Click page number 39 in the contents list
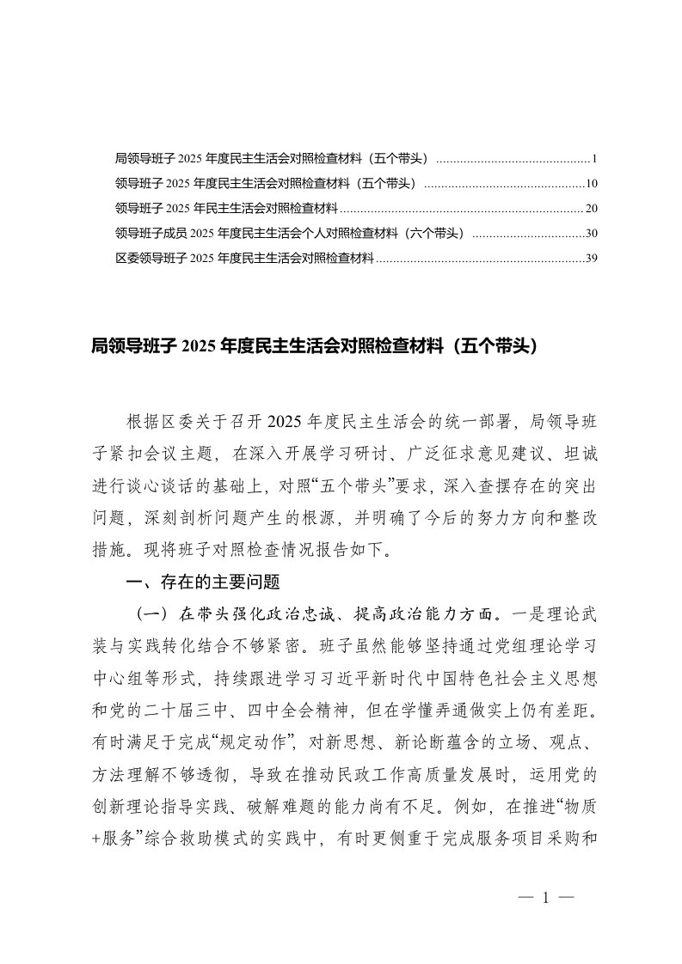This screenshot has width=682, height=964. coord(590,258)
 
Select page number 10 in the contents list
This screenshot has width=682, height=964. coord(590,184)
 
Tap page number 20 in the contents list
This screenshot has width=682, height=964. coord(590,209)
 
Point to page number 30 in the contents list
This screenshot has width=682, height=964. coord(590,233)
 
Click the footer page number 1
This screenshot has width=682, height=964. coord(545,898)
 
